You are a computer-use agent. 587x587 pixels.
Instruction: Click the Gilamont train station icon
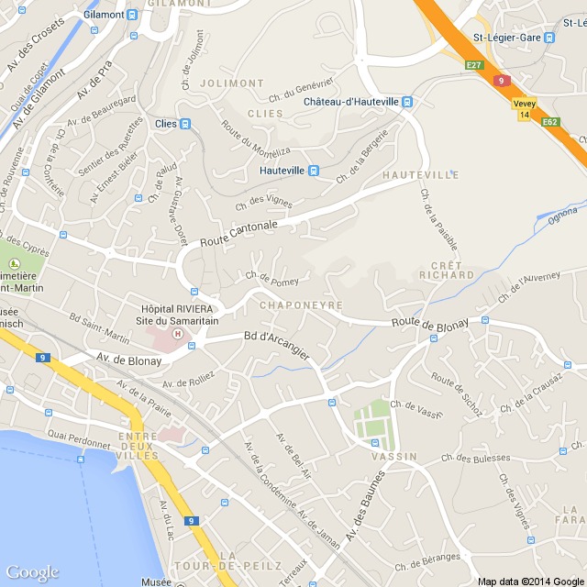click(x=133, y=15)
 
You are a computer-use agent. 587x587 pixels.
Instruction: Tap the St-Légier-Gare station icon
click(x=549, y=38)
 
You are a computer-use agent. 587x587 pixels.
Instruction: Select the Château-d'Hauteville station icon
click(x=407, y=102)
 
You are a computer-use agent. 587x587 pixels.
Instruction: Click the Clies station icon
click(x=185, y=124)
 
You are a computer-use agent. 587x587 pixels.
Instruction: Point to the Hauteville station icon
click(x=314, y=170)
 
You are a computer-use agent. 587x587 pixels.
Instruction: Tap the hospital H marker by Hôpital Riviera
click(x=192, y=346)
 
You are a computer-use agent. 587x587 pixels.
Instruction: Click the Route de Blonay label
click(x=429, y=322)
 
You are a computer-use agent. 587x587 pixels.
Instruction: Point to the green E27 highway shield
click(x=473, y=65)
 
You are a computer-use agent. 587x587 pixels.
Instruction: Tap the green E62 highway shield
click(x=550, y=121)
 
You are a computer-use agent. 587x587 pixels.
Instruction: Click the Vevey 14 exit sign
click(x=524, y=110)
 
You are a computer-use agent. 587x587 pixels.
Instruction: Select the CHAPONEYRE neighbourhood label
click(x=301, y=305)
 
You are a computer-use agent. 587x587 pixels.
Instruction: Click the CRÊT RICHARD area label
click(x=446, y=269)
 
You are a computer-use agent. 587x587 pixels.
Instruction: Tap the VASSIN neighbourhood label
click(x=394, y=456)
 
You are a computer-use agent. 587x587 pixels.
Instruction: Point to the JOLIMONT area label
click(x=238, y=83)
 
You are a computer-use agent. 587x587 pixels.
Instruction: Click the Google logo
click(x=31, y=572)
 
